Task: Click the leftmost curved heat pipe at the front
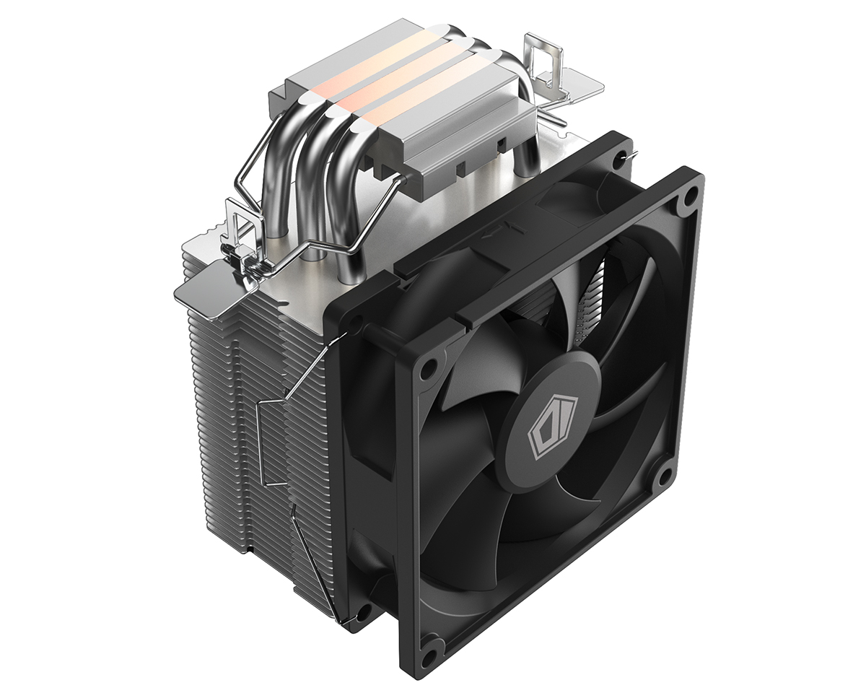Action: (277, 188)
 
